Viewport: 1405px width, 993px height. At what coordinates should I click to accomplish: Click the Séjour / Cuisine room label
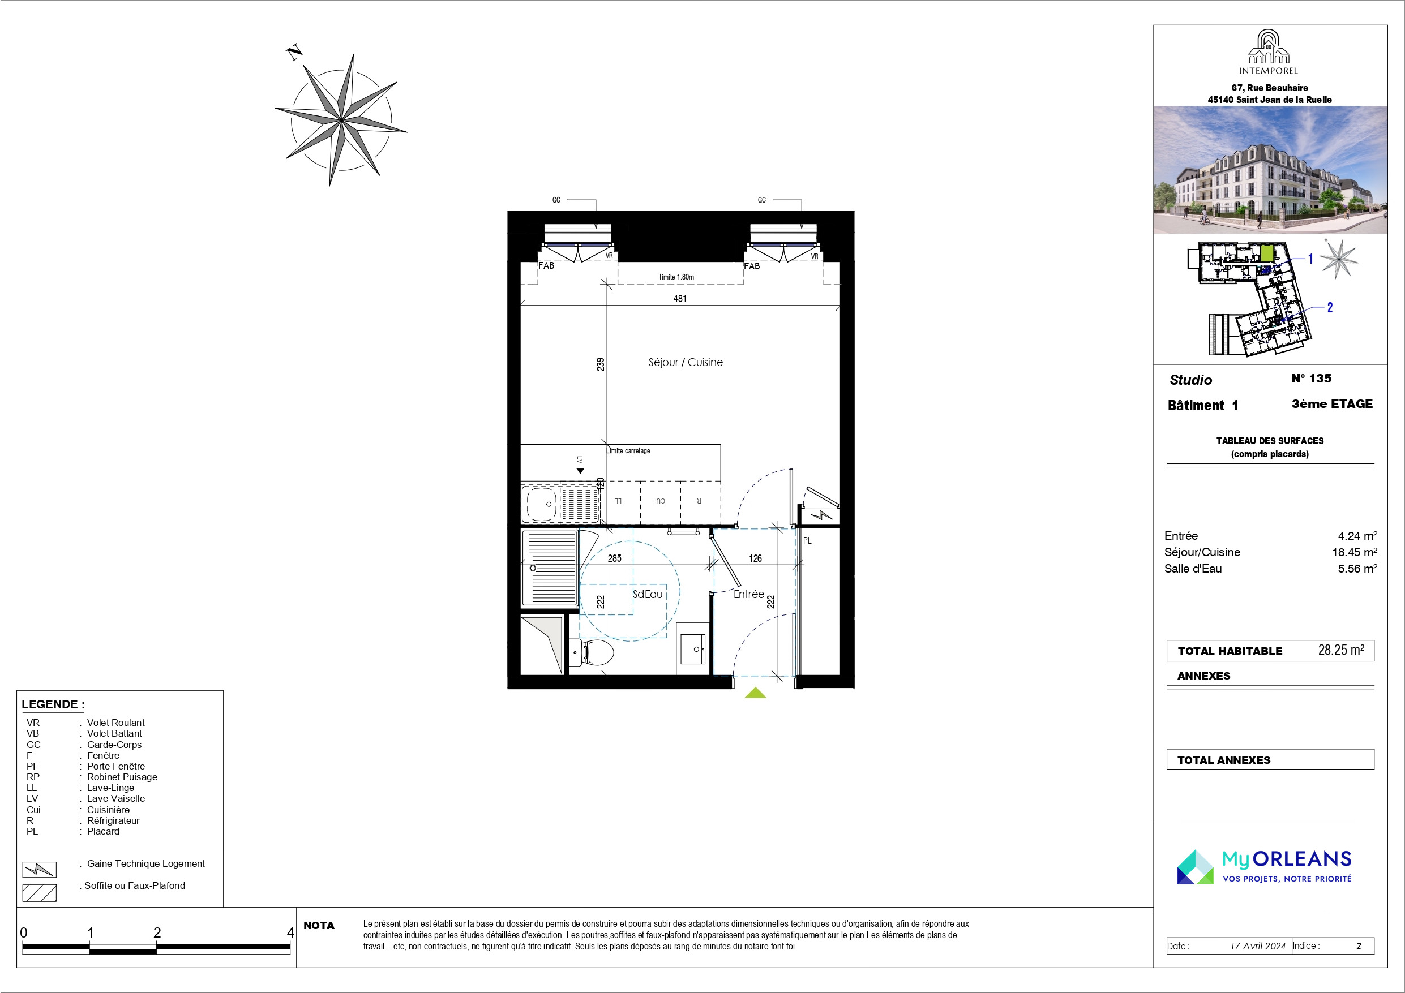pyautogui.click(x=686, y=362)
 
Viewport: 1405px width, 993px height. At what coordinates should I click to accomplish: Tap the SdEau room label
pyautogui.click(x=648, y=594)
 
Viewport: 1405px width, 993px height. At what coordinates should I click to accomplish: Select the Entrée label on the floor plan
pyautogui.click(x=748, y=594)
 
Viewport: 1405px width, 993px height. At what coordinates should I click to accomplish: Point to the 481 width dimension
pyautogui.click(x=680, y=299)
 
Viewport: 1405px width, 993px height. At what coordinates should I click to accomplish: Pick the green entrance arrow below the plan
pyautogui.click(x=755, y=693)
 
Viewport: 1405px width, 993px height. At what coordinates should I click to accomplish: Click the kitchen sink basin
pyautogui.click(x=541, y=504)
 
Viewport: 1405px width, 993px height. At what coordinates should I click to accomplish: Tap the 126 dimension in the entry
pyautogui.click(x=755, y=558)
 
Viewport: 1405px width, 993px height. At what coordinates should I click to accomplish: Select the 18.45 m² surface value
pyautogui.click(x=1354, y=552)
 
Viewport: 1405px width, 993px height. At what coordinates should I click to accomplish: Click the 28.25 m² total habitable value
pyautogui.click(x=1340, y=650)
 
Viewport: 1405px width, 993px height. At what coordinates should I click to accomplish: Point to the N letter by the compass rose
pyautogui.click(x=295, y=53)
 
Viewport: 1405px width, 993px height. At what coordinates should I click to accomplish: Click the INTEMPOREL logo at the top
pyautogui.click(x=1269, y=52)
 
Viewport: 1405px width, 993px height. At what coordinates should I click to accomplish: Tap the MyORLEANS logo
pyautogui.click(x=1263, y=866)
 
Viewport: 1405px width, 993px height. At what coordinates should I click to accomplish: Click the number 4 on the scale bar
pyautogui.click(x=290, y=932)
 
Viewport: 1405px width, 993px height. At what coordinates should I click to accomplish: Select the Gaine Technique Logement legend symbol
pyautogui.click(x=39, y=870)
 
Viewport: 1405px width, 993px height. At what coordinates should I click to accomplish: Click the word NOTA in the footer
pyautogui.click(x=319, y=926)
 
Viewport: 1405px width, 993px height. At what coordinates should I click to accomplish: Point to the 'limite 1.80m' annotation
pyautogui.click(x=676, y=277)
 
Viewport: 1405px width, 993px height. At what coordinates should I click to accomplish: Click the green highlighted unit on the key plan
pyautogui.click(x=1267, y=253)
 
